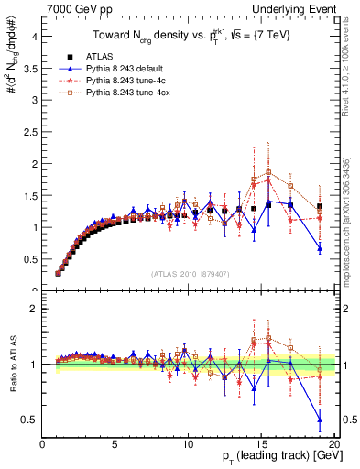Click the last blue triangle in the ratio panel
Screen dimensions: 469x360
pyautogui.click(x=320, y=420)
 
